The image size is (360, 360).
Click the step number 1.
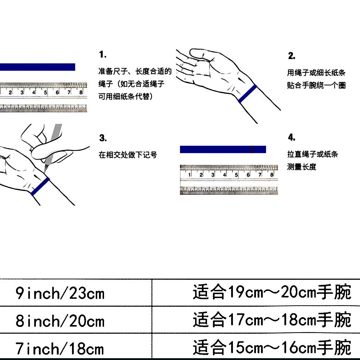click(103, 55)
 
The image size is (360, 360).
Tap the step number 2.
click(292, 56)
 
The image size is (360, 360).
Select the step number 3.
click(103, 138)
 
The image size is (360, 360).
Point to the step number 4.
click(292, 138)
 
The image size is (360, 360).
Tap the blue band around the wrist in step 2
click(248, 94)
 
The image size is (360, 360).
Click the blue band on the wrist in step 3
click(40, 186)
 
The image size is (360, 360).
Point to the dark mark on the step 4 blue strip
click(252, 149)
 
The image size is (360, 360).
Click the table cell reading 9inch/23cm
click(60, 293)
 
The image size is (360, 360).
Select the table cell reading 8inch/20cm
click(60, 320)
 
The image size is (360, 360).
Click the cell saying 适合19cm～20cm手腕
click(272, 293)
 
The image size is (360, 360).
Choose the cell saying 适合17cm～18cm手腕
click(272, 320)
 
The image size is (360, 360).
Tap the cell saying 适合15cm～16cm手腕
click(272, 348)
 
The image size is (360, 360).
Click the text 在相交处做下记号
click(128, 155)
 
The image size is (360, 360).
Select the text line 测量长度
click(302, 167)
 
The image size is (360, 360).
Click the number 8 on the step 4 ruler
click(272, 175)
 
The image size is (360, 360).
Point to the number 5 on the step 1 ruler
click(46, 93)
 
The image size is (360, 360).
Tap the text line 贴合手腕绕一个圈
click(316, 86)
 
